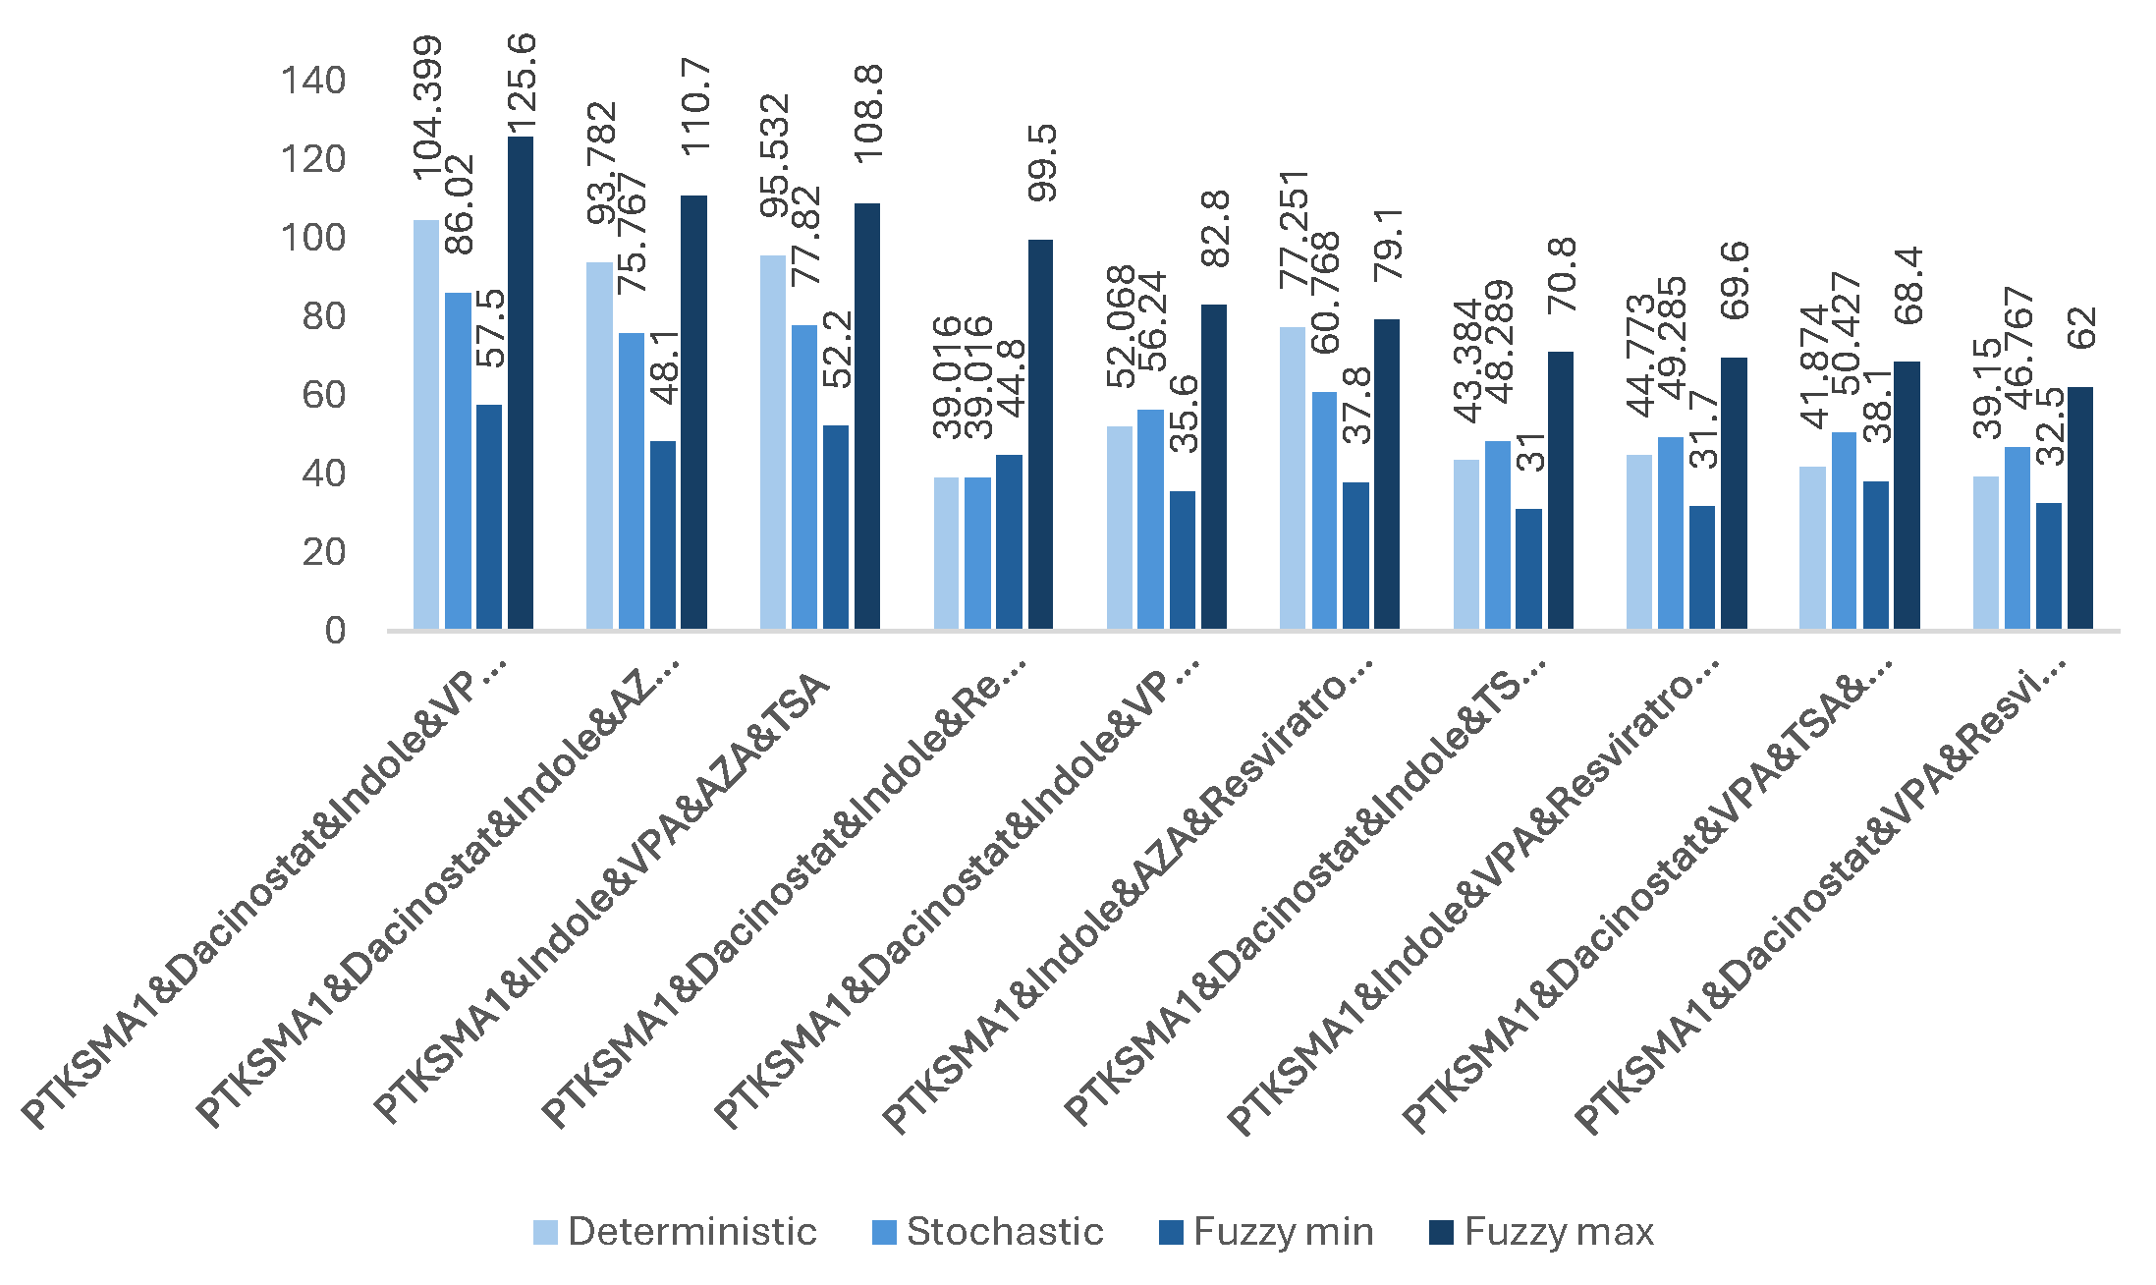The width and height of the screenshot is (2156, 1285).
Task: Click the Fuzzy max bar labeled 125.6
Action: tap(521, 383)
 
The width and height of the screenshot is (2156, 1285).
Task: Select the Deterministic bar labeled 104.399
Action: tap(426, 424)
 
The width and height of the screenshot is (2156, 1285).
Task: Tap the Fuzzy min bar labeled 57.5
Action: tap(489, 517)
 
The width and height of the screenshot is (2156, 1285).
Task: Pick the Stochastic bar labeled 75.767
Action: tap(632, 481)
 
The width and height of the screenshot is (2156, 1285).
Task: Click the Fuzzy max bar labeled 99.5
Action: tap(1040, 434)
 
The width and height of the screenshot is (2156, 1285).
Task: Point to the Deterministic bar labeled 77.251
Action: tap(1293, 478)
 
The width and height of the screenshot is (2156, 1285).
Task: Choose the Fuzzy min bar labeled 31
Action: tap(1528, 569)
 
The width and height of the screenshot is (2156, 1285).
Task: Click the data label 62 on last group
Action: tap(2081, 327)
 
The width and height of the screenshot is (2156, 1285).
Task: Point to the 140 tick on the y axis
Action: tap(313, 81)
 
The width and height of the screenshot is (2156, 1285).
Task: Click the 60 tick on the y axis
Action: tap(323, 395)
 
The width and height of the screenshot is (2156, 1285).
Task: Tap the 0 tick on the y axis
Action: tap(335, 631)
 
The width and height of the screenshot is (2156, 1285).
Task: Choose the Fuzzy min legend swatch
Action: tap(1171, 1232)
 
